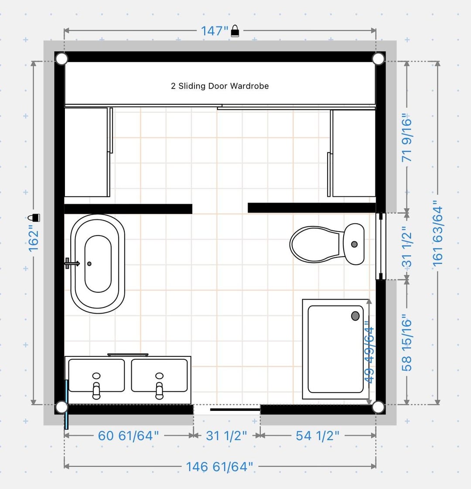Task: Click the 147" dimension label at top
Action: point(215,31)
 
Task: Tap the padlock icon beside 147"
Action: point(235,31)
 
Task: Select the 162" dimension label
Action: point(33,241)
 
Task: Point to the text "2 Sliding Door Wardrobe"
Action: point(220,86)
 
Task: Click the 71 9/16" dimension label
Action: point(407,137)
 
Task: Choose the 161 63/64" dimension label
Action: point(438,233)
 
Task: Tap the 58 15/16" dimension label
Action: point(407,342)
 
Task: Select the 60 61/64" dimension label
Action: point(128,436)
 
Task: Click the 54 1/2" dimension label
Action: point(317,436)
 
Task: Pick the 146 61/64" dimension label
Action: point(219,467)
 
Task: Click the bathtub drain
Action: point(89,264)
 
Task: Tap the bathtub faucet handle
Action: point(72,263)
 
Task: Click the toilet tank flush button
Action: point(354,244)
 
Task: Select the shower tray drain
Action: point(355,316)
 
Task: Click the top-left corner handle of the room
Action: point(61,58)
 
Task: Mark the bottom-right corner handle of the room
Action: point(378,407)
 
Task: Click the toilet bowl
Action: point(315,244)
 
